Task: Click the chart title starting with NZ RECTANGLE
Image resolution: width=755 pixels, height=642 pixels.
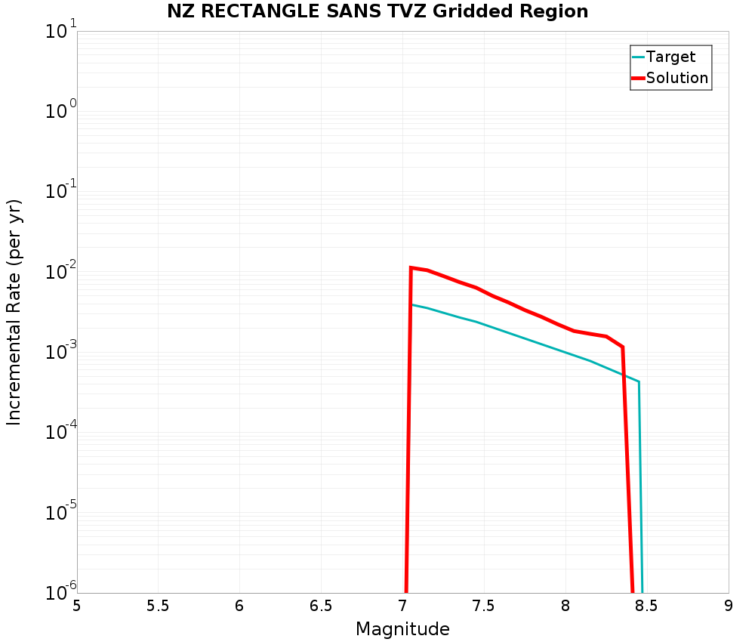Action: pyautogui.click(x=377, y=11)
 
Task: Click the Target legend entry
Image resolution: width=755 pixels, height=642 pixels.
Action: pyautogui.click(x=670, y=57)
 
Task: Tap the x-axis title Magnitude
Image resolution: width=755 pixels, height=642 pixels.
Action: pyautogui.click(x=402, y=629)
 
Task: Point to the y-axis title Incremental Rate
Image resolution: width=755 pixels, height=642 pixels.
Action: pyautogui.click(x=14, y=312)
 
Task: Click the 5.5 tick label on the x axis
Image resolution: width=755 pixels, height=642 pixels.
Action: pyautogui.click(x=158, y=606)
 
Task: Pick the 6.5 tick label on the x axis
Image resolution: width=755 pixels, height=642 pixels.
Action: pyautogui.click(x=321, y=606)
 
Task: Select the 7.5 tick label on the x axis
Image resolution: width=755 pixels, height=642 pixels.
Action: pyautogui.click(x=483, y=606)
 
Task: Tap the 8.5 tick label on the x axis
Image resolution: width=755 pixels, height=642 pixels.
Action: pyautogui.click(x=646, y=606)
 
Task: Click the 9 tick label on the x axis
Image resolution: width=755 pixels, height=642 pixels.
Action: pyautogui.click(x=728, y=606)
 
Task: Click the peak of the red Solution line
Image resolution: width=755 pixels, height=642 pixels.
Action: pyautogui.click(x=411, y=267)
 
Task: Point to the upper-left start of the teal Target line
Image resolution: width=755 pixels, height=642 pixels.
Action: pyautogui.click(x=411, y=304)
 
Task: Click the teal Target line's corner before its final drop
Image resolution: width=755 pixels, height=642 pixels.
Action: pyautogui.click(x=639, y=381)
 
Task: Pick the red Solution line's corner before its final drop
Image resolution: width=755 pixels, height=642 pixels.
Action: pyautogui.click(x=622, y=347)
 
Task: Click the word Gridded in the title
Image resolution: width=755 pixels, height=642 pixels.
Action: pyautogui.click(x=471, y=11)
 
